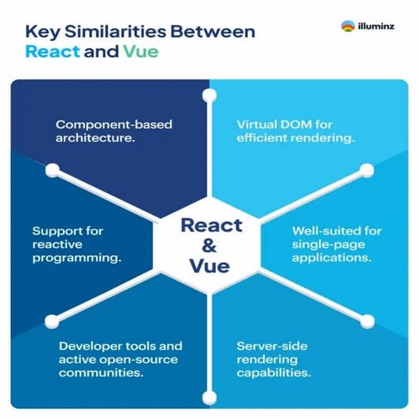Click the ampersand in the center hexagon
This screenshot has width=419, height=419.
click(209, 245)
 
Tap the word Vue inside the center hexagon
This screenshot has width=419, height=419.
click(209, 266)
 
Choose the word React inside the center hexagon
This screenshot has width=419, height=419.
click(209, 224)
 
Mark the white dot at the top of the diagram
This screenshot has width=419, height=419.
click(209, 95)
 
